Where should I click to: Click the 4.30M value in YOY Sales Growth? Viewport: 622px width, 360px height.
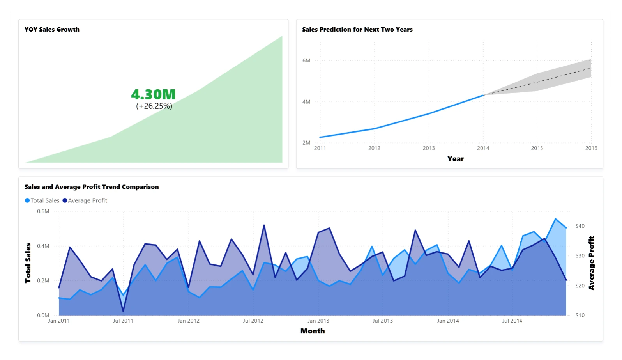(x=153, y=94)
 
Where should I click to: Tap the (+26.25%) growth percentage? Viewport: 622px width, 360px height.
(x=154, y=106)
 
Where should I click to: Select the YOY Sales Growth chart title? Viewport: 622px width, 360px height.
(x=52, y=30)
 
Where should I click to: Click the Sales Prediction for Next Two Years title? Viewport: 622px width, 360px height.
(x=357, y=30)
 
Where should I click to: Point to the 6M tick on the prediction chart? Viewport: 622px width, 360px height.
(x=306, y=60)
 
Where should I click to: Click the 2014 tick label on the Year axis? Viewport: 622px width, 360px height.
(x=483, y=148)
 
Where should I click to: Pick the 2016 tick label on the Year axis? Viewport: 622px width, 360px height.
(x=591, y=148)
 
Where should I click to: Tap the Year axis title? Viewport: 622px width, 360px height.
(x=455, y=159)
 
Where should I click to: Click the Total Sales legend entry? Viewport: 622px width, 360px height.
(x=42, y=200)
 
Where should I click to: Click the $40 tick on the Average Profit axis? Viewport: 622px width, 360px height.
(x=580, y=226)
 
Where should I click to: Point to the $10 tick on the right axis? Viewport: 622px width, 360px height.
(x=580, y=315)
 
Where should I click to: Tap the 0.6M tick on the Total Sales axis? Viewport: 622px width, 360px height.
(x=43, y=211)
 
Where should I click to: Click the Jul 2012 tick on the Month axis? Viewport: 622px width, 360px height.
(x=253, y=321)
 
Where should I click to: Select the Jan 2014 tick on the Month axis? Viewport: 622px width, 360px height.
(x=448, y=321)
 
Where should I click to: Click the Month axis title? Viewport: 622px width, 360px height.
(x=313, y=331)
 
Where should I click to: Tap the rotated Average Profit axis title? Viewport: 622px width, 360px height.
(x=591, y=263)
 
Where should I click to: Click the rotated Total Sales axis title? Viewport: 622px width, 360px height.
(x=28, y=263)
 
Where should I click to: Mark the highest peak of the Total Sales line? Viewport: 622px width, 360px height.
(x=555, y=219)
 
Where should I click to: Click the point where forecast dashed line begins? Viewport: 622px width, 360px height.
(x=483, y=95)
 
